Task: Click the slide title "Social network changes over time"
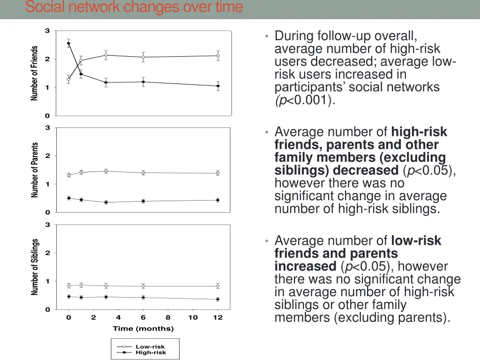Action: [x=134, y=7]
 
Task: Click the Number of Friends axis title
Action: [x=34, y=73]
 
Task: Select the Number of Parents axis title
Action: [x=35, y=170]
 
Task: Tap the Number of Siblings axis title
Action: [x=35, y=267]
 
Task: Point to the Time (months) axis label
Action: [x=143, y=329]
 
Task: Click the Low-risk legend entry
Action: [x=150, y=347]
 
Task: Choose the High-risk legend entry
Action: [x=150, y=352]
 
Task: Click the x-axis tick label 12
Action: [x=217, y=318]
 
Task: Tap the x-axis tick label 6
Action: [x=143, y=318]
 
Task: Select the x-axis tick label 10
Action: [x=193, y=318]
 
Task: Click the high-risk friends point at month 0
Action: [x=68, y=43]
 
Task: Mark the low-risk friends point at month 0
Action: [x=68, y=80]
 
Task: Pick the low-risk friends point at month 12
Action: [x=218, y=56]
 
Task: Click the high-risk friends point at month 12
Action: [x=218, y=86]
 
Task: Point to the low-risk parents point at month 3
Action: [x=106, y=171]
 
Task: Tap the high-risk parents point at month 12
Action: [x=217, y=200]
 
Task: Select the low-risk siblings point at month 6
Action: [x=143, y=286]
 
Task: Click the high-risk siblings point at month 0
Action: [x=68, y=296]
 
